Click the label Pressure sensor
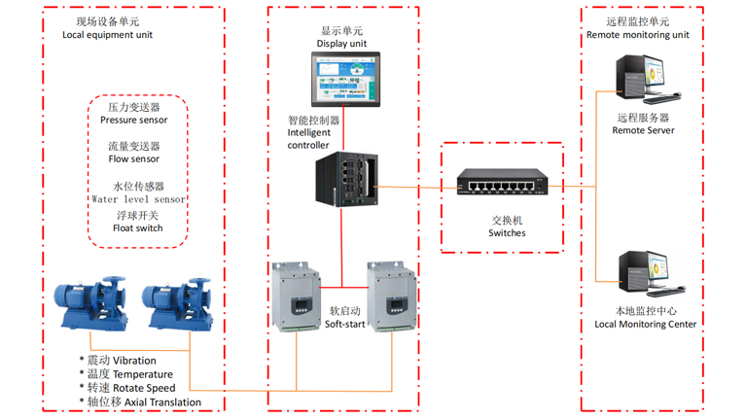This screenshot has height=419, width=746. (134, 121)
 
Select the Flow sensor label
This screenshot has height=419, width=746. (134, 159)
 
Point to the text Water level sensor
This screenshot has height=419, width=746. (137, 199)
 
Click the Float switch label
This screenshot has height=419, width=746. (137, 228)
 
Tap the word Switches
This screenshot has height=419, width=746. (507, 233)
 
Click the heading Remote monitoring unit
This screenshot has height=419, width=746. (638, 35)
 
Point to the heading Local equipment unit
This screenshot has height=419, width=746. (107, 35)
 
